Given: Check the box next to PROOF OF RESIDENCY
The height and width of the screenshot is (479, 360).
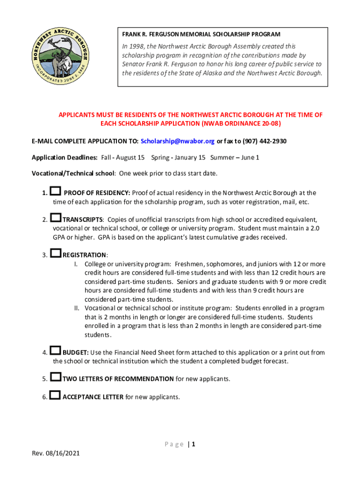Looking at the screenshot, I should coord(56,191).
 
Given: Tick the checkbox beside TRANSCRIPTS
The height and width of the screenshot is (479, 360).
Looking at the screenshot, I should coord(56,218).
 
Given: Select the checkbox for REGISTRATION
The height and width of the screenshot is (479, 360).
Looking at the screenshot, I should coord(56,254).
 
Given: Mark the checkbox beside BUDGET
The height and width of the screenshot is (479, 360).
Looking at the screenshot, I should coord(56,351).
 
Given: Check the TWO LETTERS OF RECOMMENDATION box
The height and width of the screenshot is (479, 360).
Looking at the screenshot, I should coord(56,377).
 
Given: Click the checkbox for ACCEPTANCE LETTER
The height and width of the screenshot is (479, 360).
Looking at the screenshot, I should coord(56,396).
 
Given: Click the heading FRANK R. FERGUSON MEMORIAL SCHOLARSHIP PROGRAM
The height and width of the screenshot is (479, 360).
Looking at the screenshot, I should coord(201,34).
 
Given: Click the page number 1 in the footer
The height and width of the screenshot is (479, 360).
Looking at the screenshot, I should coord(193,444).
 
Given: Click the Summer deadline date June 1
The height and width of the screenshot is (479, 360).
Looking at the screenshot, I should coord(250,157).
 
